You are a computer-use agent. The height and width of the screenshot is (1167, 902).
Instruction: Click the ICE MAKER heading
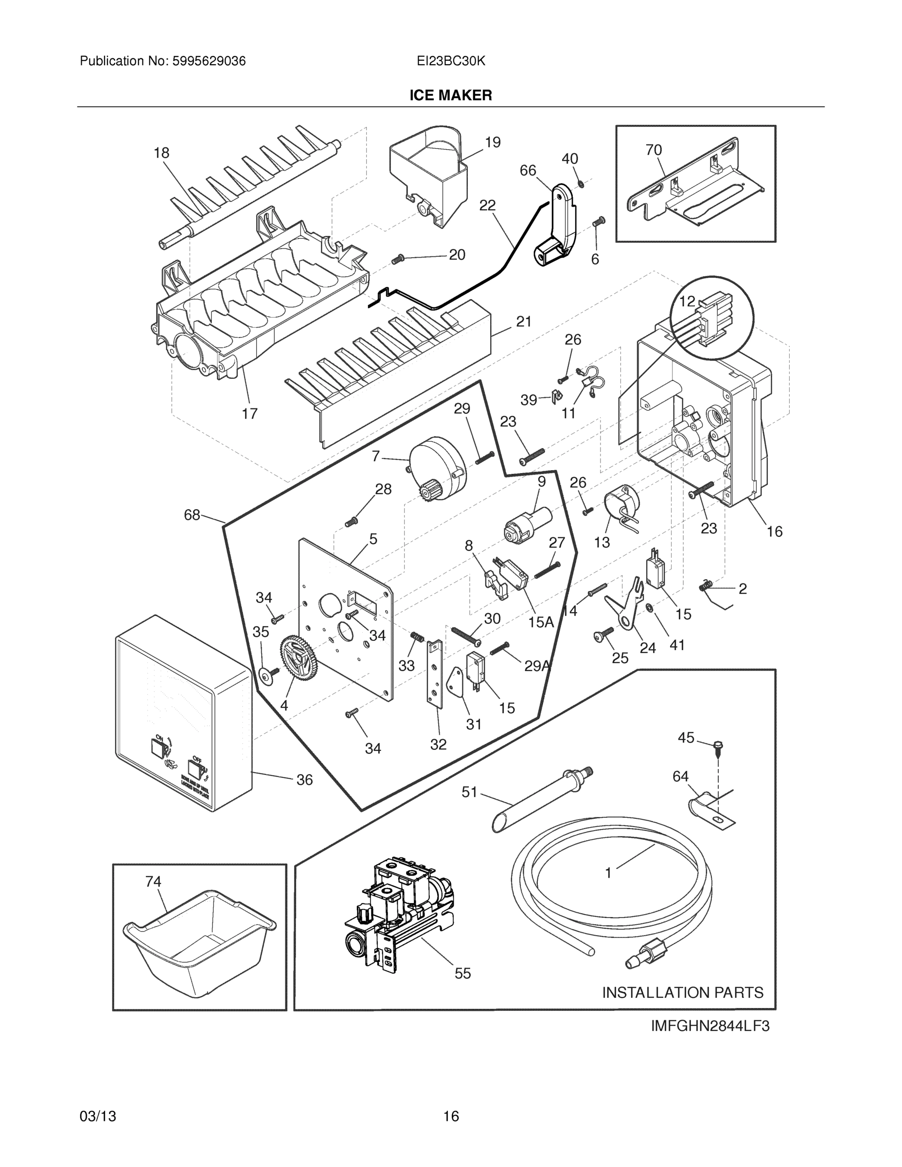point(450,95)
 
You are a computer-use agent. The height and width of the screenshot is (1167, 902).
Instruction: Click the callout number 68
point(192,515)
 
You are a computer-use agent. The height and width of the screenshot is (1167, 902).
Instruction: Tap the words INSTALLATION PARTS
point(682,992)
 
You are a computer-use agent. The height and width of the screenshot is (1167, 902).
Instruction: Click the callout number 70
point(654,150)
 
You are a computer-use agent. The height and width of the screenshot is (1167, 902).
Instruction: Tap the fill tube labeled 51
point(540,799)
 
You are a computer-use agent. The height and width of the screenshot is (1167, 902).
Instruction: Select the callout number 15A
point(541,621)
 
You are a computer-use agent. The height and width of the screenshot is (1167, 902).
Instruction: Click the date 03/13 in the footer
point(98,1116)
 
